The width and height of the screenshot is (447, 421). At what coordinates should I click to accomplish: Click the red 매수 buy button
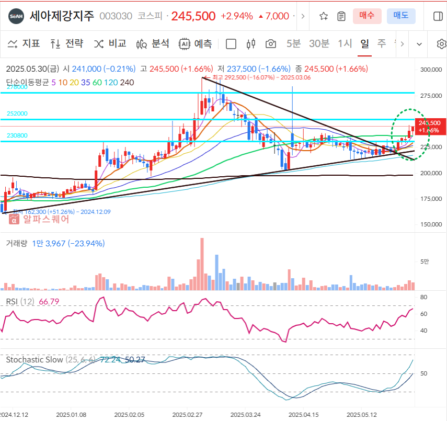pos(367,16)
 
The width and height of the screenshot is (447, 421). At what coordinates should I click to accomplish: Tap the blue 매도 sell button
pos(401,16)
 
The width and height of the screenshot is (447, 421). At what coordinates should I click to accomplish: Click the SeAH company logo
pos(16,16)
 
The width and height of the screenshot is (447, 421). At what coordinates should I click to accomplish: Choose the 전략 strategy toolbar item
pos(66,43)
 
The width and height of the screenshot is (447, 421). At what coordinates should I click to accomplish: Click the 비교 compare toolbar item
pos(110,43)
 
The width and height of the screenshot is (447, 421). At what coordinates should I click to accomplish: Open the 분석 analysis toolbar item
pos(153,43)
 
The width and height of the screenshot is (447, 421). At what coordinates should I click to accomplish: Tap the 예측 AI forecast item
pos(196,43)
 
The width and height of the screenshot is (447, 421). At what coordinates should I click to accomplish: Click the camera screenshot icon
pos(270,43)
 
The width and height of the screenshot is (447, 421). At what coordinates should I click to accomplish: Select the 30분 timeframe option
pos(319,43)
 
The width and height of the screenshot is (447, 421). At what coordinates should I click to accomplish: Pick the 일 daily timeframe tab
pos(364,43)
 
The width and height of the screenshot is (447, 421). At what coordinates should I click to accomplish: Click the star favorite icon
pos(324,16)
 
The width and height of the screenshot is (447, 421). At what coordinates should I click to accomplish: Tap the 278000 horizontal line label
pos(17,87)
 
